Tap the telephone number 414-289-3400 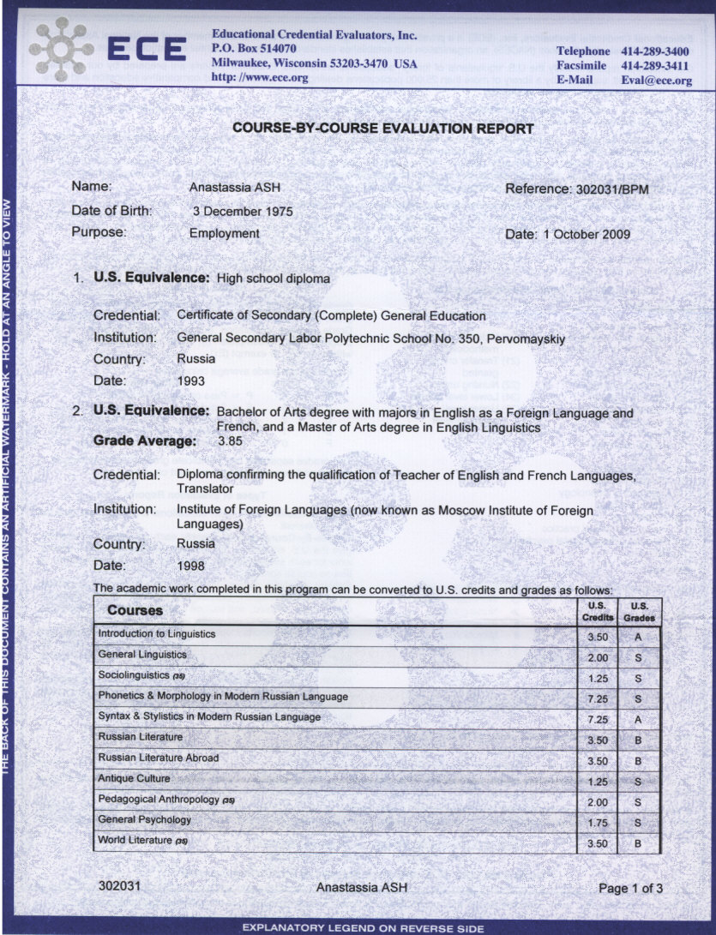click(x=655, y=51)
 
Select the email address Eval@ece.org click(x=656, y=81)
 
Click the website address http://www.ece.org click(x=260, y=77)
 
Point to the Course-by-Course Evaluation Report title click(x=383, y=129)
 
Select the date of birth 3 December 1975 click(x=243, y=212)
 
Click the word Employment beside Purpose click(x=225, y=233)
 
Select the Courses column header click(x=135, y=611)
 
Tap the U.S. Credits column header click(x=598, y=611)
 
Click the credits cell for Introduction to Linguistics click(x=598, y=638)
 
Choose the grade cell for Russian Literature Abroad click(x=639, y=761)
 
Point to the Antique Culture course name click(x=134, y=779)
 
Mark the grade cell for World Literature click(x=639, y=843)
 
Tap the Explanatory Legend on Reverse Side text click(x=364, y=928)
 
